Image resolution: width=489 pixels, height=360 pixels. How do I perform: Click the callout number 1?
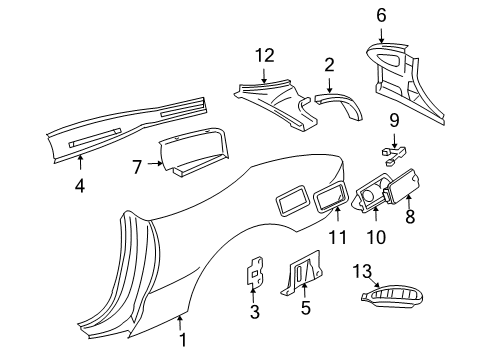tap(183, 340)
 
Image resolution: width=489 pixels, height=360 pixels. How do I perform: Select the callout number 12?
tap(265, 55)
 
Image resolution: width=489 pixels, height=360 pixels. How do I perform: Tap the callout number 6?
tap(381, 15)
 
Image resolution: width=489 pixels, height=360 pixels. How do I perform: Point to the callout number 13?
tap(362, 271)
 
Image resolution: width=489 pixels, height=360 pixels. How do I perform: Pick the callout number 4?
tap(80, 186)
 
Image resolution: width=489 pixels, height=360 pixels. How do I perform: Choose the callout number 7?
tap(137, 167)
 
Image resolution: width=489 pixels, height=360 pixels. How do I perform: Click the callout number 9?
tap(394, 120)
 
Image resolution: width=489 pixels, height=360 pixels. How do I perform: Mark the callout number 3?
tap(255, 312)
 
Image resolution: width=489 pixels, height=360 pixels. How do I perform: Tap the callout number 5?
tap(306, 307)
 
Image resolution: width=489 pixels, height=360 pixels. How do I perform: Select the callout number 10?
tap(376, 237)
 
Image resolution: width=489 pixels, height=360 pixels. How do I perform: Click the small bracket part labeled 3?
tap(255, 271)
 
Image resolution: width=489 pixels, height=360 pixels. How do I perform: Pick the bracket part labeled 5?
tap(302, 272)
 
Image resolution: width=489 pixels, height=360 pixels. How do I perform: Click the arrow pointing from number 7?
tap(155, 163)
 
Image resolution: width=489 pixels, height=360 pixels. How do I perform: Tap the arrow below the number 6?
tap(381, 35)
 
